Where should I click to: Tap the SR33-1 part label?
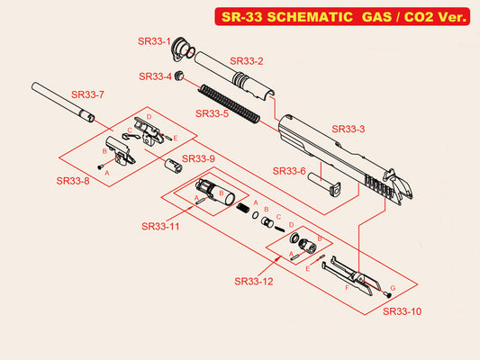pos(156,41)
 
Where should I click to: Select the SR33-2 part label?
pos(247,61)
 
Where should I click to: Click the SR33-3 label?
pos(349,129)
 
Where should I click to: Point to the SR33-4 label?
pos(156,76)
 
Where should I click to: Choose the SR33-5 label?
pos(213,114)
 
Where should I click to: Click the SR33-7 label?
pos(88,94)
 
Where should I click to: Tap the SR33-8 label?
pos(73,181)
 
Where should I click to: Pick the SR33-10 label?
pos(402,311)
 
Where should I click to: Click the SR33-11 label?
pos(160,226)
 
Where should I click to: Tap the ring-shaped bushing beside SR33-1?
pos(183,47)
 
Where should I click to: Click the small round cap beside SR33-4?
pos(179,76)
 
